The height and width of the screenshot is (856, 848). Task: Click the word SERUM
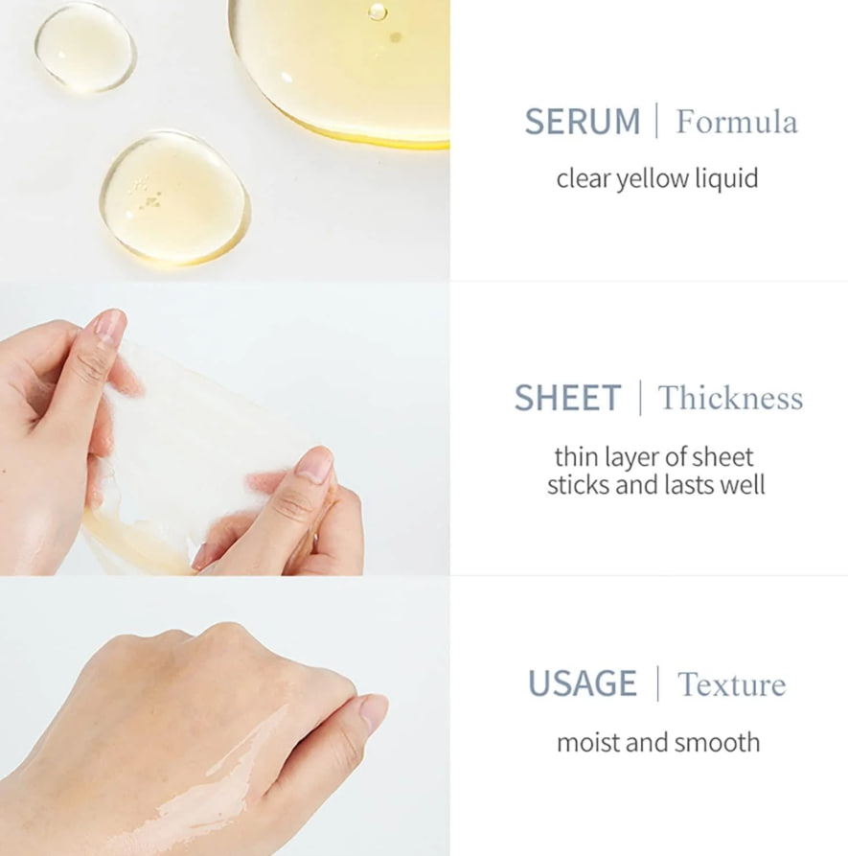pos(583,121)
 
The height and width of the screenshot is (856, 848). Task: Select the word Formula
pos(737,121)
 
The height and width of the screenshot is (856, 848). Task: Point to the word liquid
pos(726,179)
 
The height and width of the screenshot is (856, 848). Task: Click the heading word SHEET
pos(567,398)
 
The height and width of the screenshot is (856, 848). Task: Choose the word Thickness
pos(730,398)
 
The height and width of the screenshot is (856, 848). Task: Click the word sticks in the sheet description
pos(579,485)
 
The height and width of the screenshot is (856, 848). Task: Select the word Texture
pos(732,684)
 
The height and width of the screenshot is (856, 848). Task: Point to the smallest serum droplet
pos(85,48)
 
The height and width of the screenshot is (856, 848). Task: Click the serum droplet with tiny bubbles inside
pos(174,197)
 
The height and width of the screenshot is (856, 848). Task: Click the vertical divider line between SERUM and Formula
pos(656,120)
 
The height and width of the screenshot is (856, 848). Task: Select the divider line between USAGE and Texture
pos(657,682)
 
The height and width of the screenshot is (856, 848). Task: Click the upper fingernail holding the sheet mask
pos(108,326)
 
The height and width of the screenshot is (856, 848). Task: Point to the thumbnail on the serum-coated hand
pos(374,712)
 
